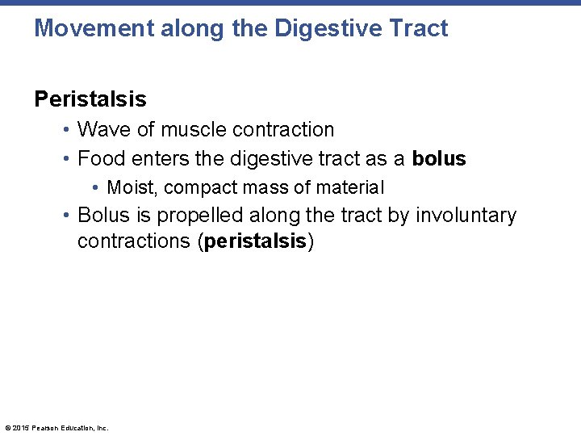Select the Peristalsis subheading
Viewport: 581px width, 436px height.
tap(90, 99)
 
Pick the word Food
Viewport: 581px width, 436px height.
tap(100, 158)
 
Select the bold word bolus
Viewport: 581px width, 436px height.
tap(439, 158)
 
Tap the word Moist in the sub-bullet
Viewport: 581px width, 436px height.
tap(132, 187)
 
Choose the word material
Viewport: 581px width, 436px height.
tap(350, 187)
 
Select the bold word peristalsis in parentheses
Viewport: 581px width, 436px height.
tap(255, 241)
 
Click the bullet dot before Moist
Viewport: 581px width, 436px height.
tap(96, 188)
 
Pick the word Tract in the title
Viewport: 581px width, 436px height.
tap(417, 29)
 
